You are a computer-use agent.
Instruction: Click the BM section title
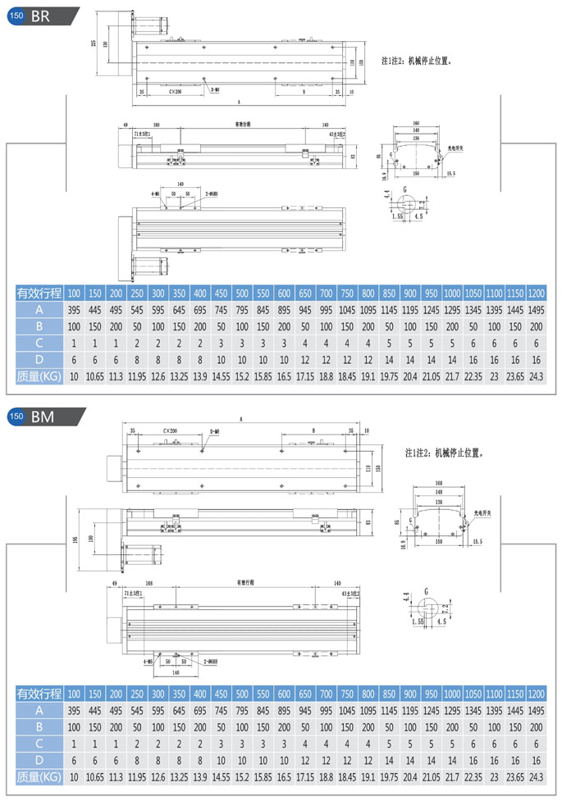click(x=43, y=416)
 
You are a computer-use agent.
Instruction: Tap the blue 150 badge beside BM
click(x=16, y=416)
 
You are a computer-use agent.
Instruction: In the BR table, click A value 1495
click(x=536, y=310)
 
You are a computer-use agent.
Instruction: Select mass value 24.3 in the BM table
click(x=536, y=776)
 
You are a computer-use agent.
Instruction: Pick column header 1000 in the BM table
click(x=452, y=694)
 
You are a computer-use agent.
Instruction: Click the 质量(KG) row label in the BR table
click(x=39, y=376)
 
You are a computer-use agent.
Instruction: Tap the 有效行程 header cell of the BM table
click(x=39, y=694)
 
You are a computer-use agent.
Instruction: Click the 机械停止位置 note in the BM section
click(x=442, y=452)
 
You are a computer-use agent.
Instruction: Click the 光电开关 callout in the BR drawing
click(x=455, y=148)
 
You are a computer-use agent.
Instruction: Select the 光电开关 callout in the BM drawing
click(x=486, y=515)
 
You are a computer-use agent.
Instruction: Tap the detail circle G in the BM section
click(x=427, y=608)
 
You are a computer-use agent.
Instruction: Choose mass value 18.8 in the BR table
click(x=327, y=376)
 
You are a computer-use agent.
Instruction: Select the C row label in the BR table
click(x=39, y=343)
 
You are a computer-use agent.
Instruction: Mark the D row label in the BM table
click(x=39, y=759)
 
